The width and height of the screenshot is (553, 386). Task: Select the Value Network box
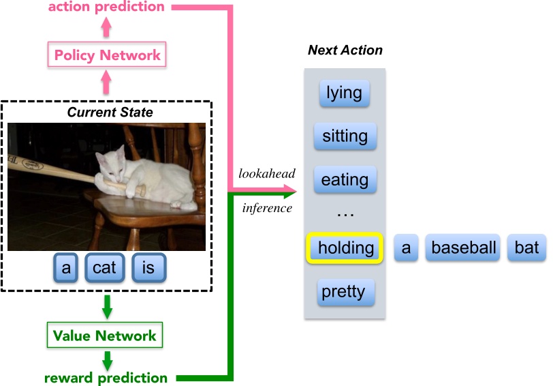click(105, 336)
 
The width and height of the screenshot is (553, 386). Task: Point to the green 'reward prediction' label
click(106, 377)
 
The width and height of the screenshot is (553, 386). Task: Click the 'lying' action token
click(344, 93)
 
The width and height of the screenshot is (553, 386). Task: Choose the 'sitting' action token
click(345, 136)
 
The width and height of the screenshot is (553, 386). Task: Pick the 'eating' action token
click(345, 180)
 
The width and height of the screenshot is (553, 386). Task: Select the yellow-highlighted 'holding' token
click(345, 248)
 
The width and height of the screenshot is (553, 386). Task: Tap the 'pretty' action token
click(343, 292)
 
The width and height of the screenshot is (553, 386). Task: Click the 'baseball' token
click(463, 248)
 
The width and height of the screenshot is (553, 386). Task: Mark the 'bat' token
click(526, 248)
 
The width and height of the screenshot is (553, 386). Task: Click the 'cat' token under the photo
click(104, 268)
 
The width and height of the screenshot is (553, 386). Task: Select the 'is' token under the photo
click(148, 268)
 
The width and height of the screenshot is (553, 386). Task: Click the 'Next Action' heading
click(345, 50)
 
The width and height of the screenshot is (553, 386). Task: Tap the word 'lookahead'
click(265, 174)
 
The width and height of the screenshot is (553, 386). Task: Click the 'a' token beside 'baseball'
click(406, 248)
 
